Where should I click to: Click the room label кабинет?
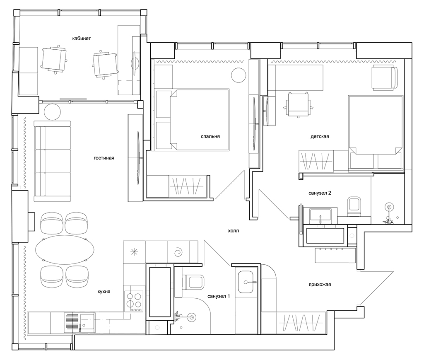pos(82,39)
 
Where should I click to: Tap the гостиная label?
pos(104,158)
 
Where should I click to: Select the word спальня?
pos(210,136)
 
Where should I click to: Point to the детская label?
pos(320,136)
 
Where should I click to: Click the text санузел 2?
pos(320,193)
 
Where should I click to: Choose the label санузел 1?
pos(219,296)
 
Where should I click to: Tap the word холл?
pos(234,231)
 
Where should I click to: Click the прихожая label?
pos(320,284)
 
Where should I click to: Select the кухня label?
pos(104,292)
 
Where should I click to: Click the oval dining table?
pos(65,249)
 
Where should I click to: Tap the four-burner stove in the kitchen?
pos(134,301)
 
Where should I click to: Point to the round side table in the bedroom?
pos(238,75)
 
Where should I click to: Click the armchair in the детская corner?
pos(385,77)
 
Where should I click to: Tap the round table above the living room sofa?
pos(52,112)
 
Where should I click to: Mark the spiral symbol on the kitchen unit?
pos(178,252)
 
